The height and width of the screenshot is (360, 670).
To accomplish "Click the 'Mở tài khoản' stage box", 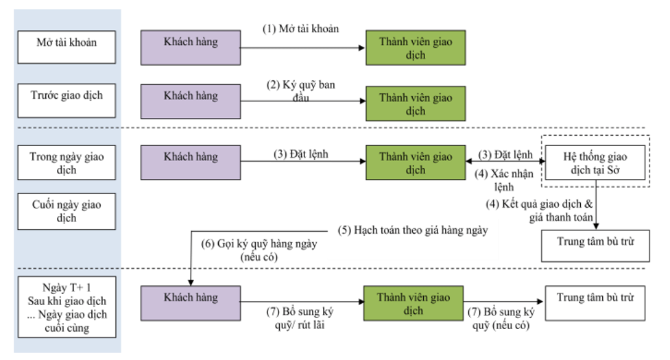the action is click(x=67, y=47).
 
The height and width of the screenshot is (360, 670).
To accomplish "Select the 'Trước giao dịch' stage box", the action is click(x=67, y=100).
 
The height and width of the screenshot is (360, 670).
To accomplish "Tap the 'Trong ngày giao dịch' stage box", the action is click(x=67, y=163).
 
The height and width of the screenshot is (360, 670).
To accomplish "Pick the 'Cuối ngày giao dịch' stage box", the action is click(x=67, y=211).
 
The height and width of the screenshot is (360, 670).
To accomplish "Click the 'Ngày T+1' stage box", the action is click(x=67, y=307).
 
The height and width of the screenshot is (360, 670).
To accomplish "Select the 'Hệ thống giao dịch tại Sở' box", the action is click(x=595, y=163).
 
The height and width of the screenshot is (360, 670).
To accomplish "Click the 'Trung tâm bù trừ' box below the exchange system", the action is click(x=595, y=246).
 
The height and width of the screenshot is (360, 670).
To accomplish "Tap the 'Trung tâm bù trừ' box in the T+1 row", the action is click(x=595, y=303).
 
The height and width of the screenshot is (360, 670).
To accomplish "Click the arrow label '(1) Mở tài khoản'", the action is click(x=301, y=29).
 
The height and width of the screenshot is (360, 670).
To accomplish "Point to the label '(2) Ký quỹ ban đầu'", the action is click(x=301, y=91).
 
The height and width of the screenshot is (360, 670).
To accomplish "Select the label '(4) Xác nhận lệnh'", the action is click(x=504, y=180).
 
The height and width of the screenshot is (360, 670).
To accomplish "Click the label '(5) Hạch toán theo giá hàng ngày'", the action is click(x=413, y=230).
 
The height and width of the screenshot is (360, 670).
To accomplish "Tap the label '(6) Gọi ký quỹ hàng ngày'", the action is click(x=259, y=244).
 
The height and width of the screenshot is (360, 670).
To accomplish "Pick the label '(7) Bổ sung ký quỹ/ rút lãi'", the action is click(x=300, y=318).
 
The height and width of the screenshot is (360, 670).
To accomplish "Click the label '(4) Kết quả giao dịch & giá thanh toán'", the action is click(x=540, y=211).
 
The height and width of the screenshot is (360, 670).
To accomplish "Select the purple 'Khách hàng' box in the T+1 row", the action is click(x=191, y=303).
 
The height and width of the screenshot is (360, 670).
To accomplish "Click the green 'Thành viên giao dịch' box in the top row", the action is click(x=416, y=48).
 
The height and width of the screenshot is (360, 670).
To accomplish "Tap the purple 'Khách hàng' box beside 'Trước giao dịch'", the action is click(x=191, y=101).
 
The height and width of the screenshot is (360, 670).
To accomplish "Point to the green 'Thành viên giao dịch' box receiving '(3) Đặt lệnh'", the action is click(x=416, y=163).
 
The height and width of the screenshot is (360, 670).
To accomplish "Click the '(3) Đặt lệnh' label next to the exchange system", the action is click(x=505, y=154).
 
